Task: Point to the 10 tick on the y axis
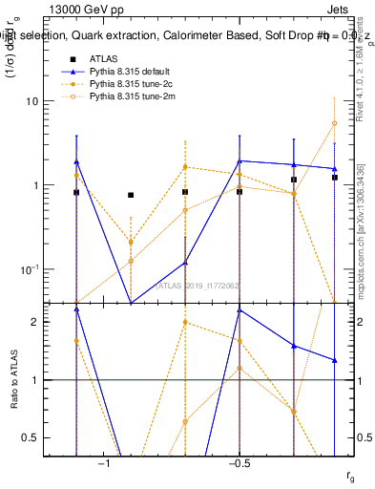54,101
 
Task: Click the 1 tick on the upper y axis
57,185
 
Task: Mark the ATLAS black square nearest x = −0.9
131,195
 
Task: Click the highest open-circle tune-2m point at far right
335,123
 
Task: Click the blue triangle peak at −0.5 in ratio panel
240,310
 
